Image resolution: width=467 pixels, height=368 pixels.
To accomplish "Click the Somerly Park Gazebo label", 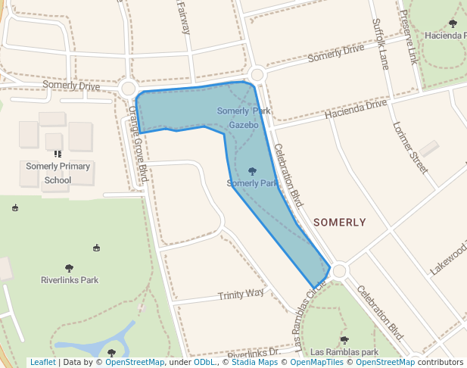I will point(243,117).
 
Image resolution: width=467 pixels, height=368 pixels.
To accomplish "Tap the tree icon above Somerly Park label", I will point(252,172).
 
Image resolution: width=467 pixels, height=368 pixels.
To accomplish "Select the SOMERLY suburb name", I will point(339,223).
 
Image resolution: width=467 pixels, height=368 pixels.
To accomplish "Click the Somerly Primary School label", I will point(58,173).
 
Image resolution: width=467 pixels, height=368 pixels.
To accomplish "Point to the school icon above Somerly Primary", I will point(58,154).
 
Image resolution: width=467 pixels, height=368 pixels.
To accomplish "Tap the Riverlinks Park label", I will point(70,280).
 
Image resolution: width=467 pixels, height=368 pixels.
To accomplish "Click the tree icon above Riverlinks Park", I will point(70,268).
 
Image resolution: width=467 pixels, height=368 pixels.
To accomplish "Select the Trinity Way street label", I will point(241,294).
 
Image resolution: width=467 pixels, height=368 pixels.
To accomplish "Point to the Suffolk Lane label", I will point(380,44).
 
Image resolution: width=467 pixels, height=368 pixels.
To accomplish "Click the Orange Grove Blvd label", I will point(136,144).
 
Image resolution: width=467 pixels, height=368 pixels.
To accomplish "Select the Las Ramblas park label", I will point(344,352).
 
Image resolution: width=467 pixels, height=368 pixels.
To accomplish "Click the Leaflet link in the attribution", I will point(42,362).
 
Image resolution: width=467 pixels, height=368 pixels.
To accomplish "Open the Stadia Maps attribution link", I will point(254,362).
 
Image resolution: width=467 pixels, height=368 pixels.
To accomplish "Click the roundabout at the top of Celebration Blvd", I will point(257,74).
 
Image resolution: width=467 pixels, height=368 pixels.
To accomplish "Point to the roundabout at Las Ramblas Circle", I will point(339,270).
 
